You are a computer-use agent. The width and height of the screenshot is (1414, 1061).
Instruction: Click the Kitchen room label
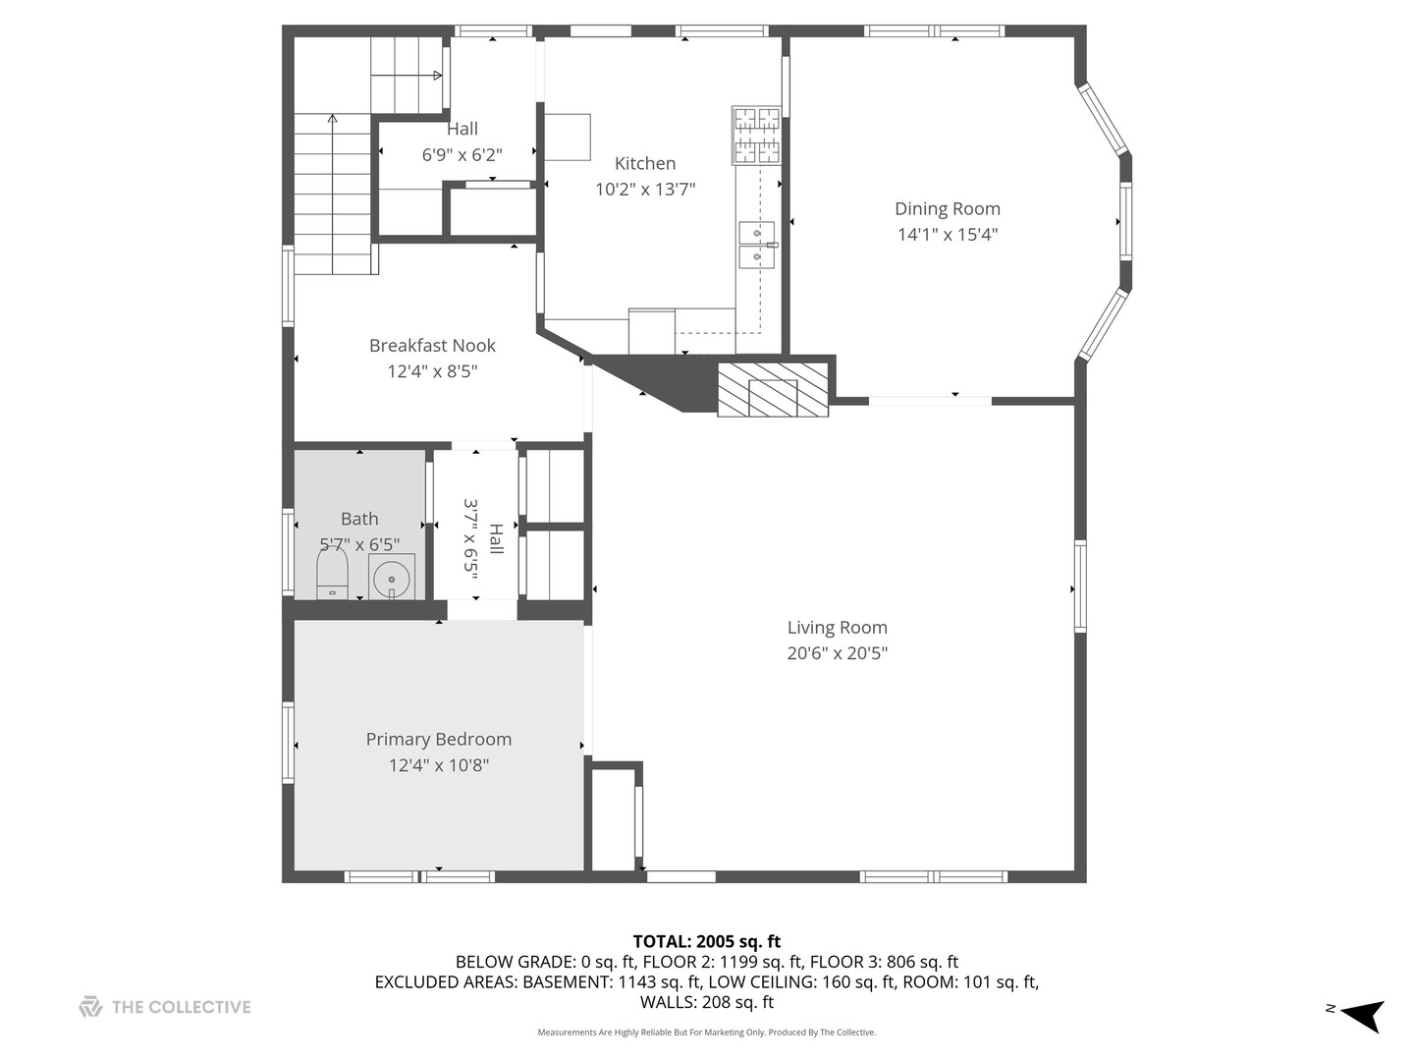pos(645,163)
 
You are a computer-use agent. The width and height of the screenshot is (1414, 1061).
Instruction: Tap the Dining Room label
pos(947,208)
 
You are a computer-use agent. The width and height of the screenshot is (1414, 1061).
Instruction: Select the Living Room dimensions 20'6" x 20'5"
pos(837,653)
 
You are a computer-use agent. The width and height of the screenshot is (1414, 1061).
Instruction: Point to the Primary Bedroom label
pos(438,739)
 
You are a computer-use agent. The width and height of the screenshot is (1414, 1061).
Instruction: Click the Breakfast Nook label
pos(432,345)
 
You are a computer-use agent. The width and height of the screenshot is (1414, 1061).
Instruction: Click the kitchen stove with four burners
pos(756,136)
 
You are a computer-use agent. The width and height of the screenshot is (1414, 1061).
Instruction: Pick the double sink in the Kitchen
pos(756,245)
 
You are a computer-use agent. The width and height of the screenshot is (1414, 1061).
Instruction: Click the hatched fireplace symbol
pos(773,390)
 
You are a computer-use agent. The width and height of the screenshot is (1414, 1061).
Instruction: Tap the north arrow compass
pos(1361,1014)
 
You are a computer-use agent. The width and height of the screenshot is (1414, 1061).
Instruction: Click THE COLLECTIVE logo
pos(165,1007)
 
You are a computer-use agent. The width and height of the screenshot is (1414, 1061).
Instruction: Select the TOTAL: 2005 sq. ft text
pos(706,941)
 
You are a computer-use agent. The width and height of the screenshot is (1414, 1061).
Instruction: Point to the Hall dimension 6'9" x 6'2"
pos(462,154)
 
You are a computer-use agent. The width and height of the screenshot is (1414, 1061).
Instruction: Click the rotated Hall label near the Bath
pos(496,538)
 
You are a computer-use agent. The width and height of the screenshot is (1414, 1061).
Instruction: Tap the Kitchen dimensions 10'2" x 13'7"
pos(645,190)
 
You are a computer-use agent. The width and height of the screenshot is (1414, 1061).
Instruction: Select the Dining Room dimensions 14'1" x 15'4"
pos(947,235)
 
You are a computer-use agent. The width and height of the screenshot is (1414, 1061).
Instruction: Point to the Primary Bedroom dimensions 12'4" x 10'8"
pos(438,765)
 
